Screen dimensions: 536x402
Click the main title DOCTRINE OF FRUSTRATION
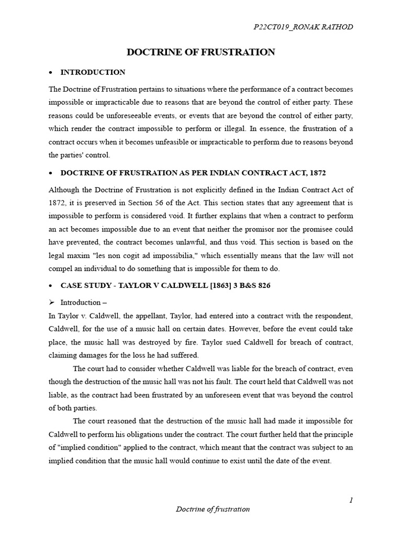[x=201, y=52]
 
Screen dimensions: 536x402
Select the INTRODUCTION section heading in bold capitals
[x=93, y=72]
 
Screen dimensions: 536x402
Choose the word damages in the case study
[x=93, y=355]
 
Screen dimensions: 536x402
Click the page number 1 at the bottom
[x=351, y=500]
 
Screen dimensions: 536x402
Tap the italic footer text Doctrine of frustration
[x=213, y=509]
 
